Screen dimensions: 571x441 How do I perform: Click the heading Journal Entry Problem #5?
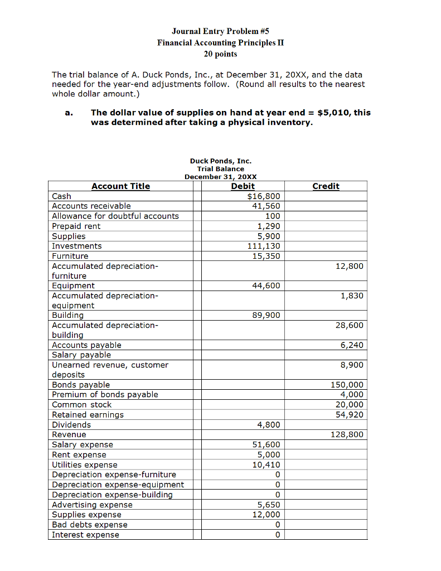tap(220, 31)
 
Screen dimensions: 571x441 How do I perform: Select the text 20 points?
tap(220, 54)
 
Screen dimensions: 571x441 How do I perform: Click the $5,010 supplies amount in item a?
tap(333, 112)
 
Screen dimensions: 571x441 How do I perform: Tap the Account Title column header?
tap(120, 186)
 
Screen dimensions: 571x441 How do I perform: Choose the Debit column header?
tap(243, 186)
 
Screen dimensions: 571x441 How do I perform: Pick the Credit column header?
tap(326, 186)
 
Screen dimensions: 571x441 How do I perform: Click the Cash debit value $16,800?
tap(264, 196)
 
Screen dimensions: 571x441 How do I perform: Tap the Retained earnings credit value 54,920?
tap(349, 415)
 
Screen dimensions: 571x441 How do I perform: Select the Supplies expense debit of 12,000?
tap(266, 515)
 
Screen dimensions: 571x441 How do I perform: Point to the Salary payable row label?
tap(81, 355)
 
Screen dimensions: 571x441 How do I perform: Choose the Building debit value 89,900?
tap(266, 316)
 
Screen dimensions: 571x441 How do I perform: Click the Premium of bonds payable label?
tap(105, 395)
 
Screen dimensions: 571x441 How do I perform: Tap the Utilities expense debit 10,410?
tap(266, 464)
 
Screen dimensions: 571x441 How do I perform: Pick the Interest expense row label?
tap(85, 535)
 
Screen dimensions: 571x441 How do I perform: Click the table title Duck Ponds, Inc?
tap(220, 161)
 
